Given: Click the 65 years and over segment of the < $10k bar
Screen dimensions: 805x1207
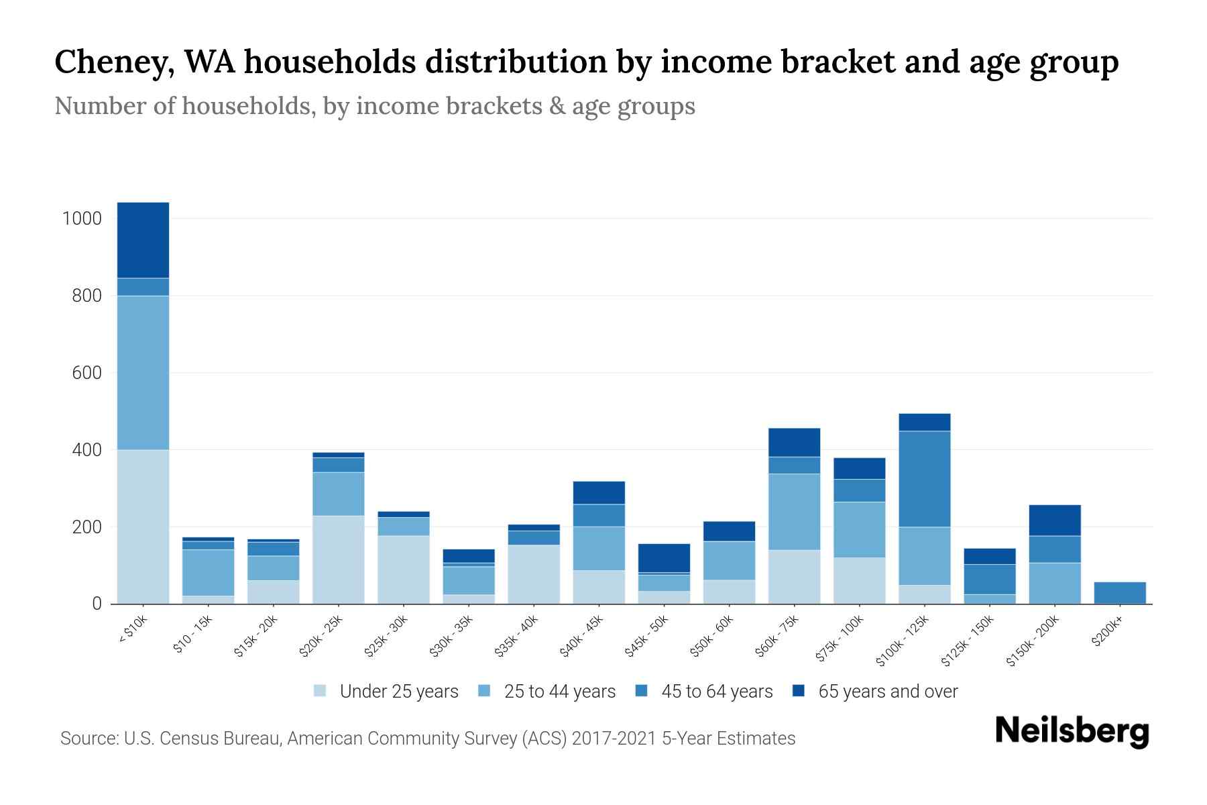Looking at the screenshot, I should [143, 239].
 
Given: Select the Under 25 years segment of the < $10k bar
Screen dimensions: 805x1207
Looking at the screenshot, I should [143, 527].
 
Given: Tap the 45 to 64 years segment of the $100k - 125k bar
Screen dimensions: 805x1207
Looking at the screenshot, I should [925, 479].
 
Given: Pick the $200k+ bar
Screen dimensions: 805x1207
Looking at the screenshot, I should [1120, 592].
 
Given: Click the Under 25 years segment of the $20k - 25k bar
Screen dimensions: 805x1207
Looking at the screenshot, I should [338, 559].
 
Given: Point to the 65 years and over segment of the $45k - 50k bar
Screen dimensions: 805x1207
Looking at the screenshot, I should [664, 557].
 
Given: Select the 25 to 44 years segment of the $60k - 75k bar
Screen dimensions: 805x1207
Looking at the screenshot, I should [794, 512].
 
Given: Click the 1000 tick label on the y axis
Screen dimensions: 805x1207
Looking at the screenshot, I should [82, 219].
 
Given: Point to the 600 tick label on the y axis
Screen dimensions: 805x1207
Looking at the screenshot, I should [87, 373].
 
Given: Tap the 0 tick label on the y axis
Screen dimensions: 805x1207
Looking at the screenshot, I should [97, 604].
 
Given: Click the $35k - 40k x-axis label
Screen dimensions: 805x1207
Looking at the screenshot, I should [516, 637].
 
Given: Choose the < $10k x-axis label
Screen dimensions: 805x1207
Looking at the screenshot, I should [133, 630].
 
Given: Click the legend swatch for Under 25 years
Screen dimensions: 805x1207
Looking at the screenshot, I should [320, 691].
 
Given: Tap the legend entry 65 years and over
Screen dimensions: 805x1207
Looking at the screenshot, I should [887, 692].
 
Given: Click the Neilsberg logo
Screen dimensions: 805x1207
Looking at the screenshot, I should [1072, 731].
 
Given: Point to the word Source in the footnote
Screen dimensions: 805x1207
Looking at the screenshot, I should [88, 739].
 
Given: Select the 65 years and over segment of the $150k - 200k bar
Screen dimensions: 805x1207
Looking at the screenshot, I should [1055, 520].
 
